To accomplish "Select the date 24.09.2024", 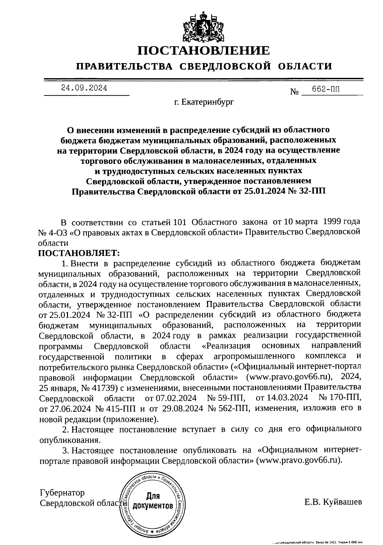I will pos(84,88).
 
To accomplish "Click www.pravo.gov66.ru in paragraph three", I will pos(300,460).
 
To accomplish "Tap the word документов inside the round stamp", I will pos(153,506).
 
